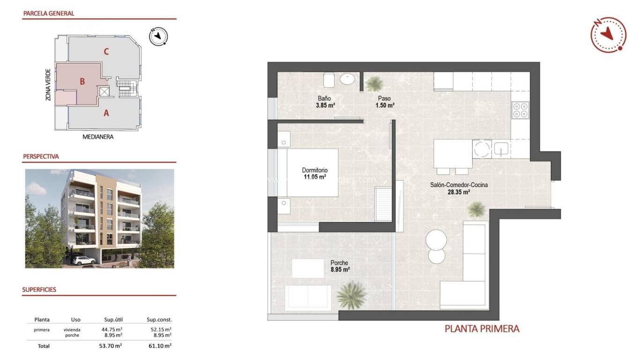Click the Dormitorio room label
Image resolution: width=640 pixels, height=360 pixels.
pyautogui.click(x=314, y=170)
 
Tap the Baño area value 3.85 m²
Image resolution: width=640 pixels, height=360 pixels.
pyautogui.click(x=325, y=105)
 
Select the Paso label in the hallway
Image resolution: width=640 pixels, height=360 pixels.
pyautogui.click(x=384, y=99)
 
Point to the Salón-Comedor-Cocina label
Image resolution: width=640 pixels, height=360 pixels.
pyautogui.click(x=459, y=185)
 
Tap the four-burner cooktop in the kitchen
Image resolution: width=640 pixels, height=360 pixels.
pyautogui.click(x=520, y=110)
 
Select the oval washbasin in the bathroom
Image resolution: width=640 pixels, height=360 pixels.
pyautogui.click(x=348, y=80)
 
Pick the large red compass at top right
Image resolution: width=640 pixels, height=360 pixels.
pyautogui.click(x=609, y=34)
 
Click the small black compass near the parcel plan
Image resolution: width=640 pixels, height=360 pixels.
pyautogui.click(x=158, y=36)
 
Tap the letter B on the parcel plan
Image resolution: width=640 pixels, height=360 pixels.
pyautogui.click(x=82, y=82)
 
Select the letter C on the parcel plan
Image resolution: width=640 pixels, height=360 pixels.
pyautogui.click(x=106, y=52)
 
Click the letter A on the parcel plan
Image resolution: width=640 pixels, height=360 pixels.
pyautogui.click(x=106, y=112)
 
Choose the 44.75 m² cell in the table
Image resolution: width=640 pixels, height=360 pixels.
pyautogui.click(x=112, y=330)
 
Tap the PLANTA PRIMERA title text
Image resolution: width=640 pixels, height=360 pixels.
pyautogui.click(x=482, y=329)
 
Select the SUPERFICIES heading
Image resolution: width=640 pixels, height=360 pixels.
pyautogui.click(x=39, y=290)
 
